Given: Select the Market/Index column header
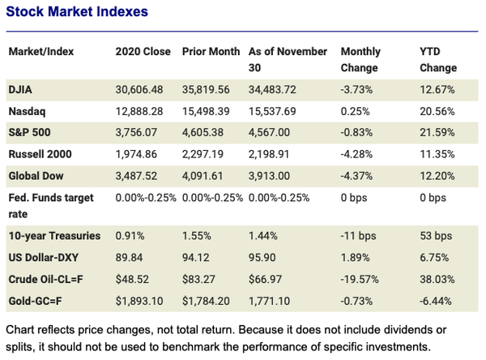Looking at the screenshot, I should point(41,52).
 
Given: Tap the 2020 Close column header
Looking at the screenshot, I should point(144,52).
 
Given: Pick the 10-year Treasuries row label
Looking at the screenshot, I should point(54,236).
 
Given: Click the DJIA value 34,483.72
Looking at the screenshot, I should point(274,88).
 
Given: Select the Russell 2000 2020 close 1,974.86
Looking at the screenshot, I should point(141,152).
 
